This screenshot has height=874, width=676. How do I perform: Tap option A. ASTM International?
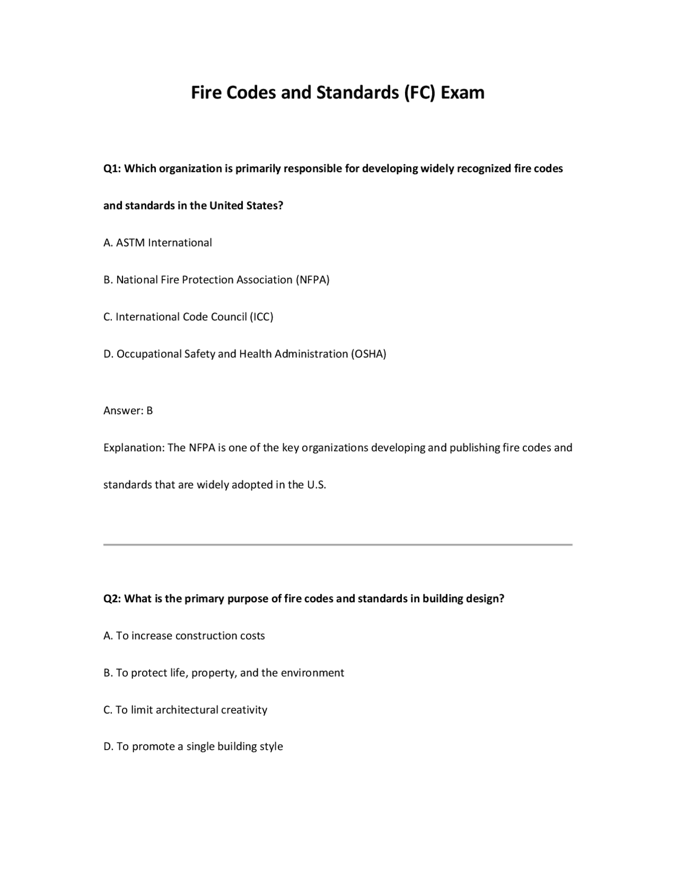click(x=157, y=243)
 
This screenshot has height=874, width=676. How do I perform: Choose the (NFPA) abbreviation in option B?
click(x=312, y=280)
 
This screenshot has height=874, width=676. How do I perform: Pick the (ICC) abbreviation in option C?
click(x=261, y=317)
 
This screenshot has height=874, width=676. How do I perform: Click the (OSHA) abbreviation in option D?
click(x=368, y=354)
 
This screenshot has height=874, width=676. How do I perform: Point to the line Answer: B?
click(x=128, y=411)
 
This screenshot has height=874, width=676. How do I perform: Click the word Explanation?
click(x=134, y=448)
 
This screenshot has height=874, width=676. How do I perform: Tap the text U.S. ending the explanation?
click(x=316, y=484)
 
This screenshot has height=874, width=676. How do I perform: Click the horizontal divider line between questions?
click(x=337, y=544)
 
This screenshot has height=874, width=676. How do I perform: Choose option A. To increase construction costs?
click(x=184, y=635)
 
